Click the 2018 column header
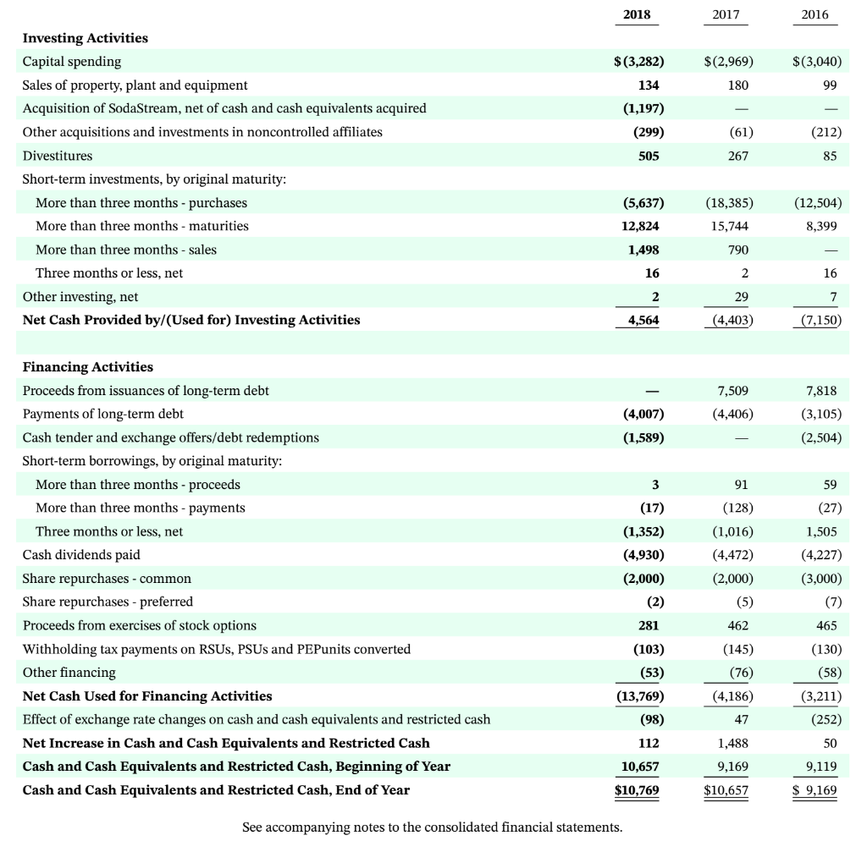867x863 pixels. (639, 15)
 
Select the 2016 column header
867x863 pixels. (815, 15)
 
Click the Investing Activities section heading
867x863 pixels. (85, 38)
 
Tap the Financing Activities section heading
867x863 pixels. (87, 366)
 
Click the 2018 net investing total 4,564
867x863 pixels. (643, 320)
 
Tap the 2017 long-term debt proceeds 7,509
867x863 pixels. (732, 390)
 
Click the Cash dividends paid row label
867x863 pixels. (81, 555)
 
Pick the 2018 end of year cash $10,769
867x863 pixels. (639, 790)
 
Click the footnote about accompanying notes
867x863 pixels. (432, 827)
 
